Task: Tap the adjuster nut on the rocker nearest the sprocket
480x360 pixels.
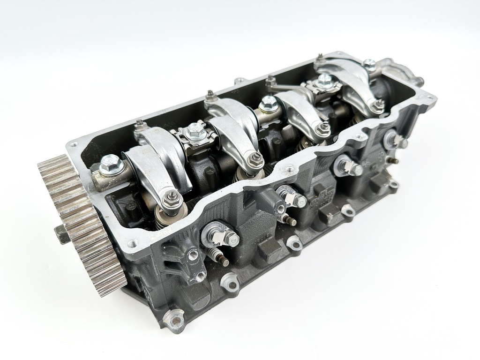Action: (173, 201)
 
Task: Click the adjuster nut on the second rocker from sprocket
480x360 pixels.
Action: (256, 159)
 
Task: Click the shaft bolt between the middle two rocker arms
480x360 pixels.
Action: (268, 103)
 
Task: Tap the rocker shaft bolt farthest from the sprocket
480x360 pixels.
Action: (370, 65)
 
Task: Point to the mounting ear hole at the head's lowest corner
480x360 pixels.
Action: (177, 320)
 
